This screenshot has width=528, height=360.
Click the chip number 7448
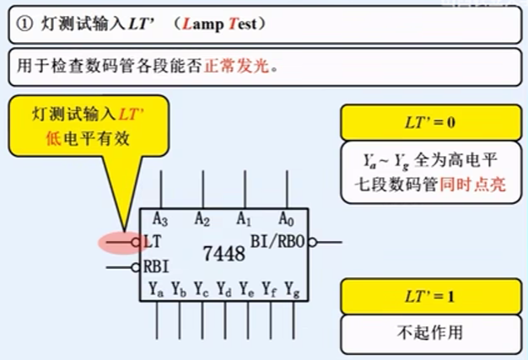point(225,252)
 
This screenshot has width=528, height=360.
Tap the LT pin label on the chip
point(153,242)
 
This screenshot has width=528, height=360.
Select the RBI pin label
point(157,267)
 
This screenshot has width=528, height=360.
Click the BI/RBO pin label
point(277,241)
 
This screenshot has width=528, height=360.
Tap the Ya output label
point(156,290)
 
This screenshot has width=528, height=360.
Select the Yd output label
point(224,290)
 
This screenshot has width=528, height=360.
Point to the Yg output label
point(292,290)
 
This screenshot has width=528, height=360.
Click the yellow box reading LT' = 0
point(430,123)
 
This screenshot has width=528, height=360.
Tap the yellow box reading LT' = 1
point(430,297)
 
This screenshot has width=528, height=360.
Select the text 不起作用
point(430,331)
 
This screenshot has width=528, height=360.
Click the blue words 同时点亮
point(473,185)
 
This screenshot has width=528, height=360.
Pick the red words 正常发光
point(237,64)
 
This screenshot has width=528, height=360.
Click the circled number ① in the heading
point(24,24)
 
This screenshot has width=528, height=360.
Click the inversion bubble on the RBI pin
point(135,268)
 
